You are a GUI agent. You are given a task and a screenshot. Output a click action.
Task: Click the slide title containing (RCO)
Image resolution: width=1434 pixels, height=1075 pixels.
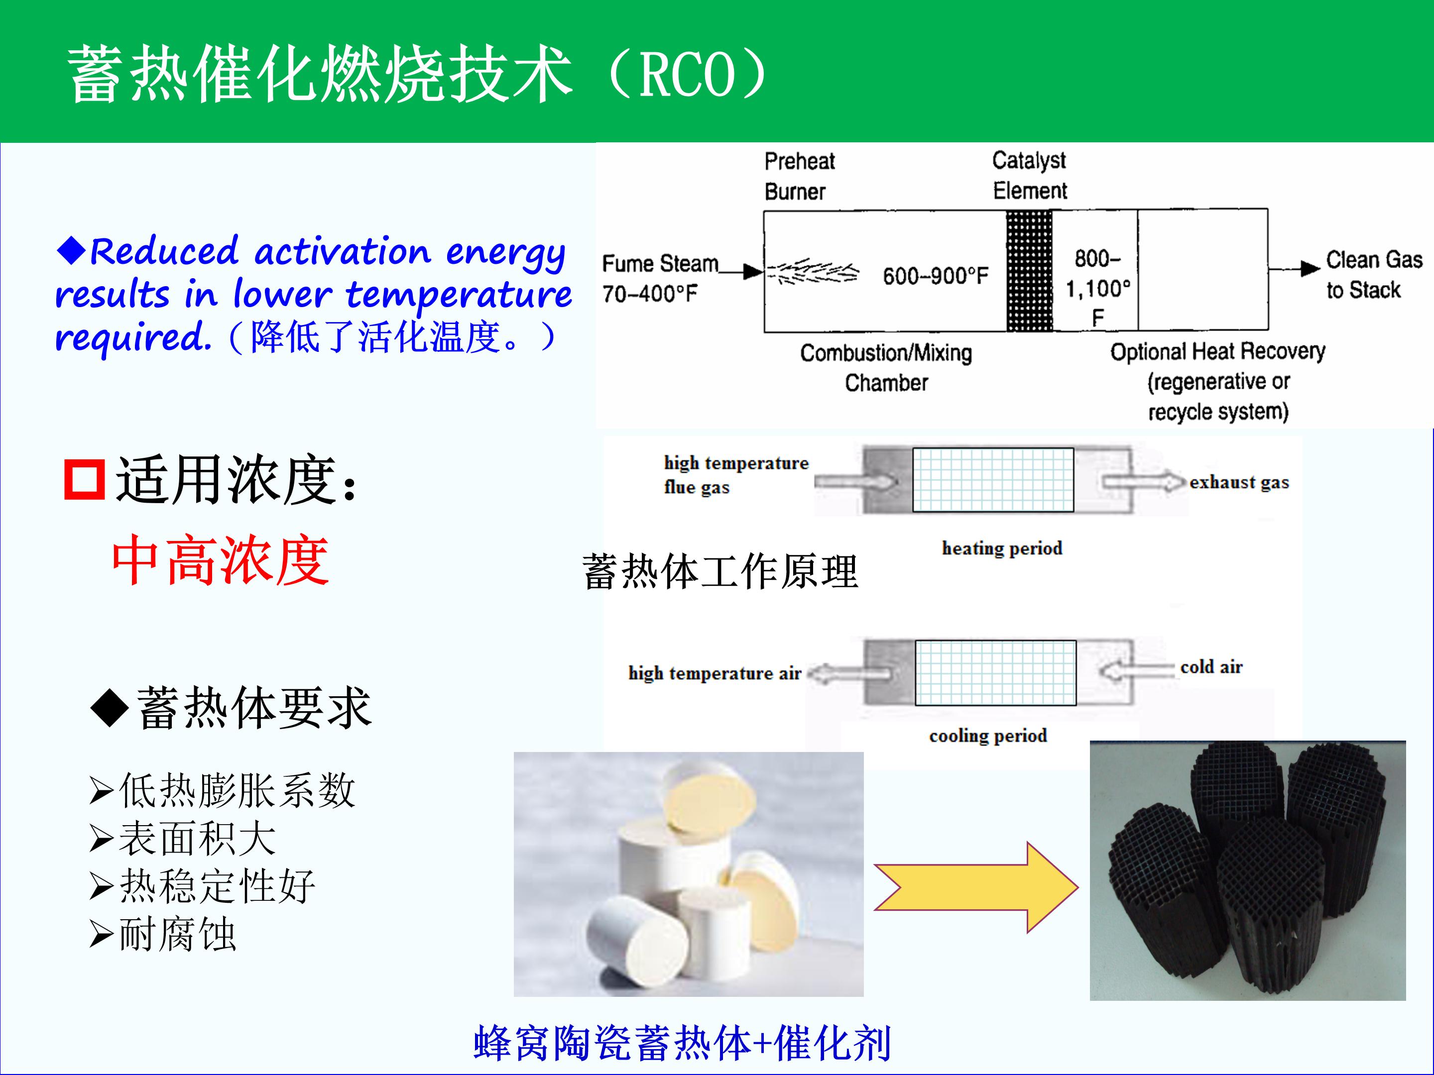pos(418,73)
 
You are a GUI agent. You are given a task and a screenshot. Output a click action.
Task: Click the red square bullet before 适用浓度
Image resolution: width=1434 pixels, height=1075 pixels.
pos(84,479)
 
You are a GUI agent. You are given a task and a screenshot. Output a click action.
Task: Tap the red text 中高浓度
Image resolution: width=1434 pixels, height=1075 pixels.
pos(221,560)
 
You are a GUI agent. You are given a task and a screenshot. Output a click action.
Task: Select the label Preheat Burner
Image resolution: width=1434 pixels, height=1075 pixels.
pos(799,176)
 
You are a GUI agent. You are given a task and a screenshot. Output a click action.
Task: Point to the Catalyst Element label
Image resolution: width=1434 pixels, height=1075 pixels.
pos(1030,175)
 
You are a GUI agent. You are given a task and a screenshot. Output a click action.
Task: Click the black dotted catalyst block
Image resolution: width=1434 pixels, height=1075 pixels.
pos(1030,271)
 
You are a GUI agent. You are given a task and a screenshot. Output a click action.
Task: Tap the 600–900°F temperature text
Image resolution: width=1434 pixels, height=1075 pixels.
pos(936,276)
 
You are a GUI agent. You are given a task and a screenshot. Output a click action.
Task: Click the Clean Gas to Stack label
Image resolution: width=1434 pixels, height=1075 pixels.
pos(1374,275)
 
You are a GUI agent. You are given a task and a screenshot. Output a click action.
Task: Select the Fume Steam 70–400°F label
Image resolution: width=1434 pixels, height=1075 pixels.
pos(660,279)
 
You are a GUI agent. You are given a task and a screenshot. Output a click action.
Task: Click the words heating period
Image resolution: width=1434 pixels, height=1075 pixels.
pos(1002,548)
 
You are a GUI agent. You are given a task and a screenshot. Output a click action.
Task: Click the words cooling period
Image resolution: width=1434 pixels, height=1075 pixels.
pos(988,736)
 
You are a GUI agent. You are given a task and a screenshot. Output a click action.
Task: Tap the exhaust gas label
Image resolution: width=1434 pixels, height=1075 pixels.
pos(1239,483)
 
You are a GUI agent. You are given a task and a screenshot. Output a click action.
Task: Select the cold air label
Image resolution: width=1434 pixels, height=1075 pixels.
pos(1211,667)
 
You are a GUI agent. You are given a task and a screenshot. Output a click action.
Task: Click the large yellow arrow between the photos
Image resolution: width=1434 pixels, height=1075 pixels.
pos(975,887)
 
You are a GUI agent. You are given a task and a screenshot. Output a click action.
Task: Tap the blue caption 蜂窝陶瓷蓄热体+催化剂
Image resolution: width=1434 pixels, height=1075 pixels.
pos(682,1043)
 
